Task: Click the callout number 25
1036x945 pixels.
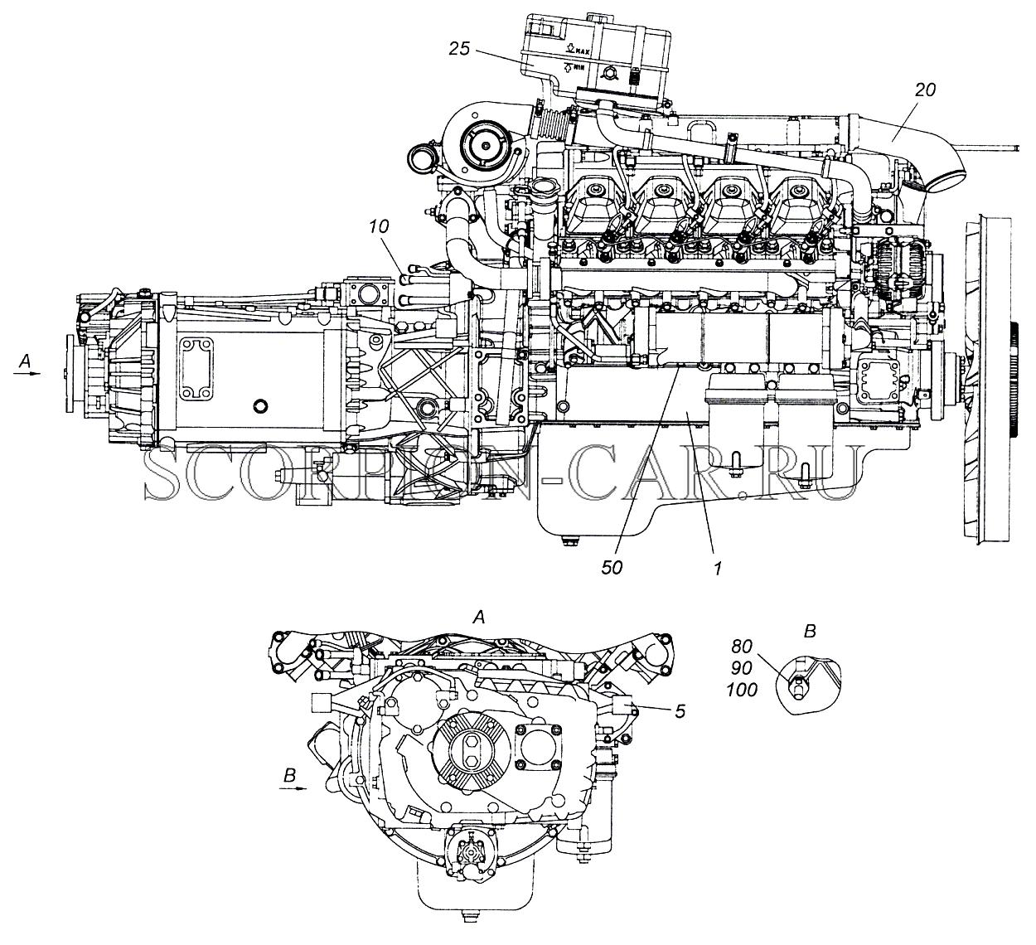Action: click(x=459, y=49)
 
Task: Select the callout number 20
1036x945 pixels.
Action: click(x=925, y=90)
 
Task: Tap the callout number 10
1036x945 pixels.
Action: click(x=379, y=226)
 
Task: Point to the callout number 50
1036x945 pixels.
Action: click(x=612, y=568)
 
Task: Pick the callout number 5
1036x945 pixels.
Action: click(x=680, y=712)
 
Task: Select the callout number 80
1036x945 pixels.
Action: click(x=742, y=646)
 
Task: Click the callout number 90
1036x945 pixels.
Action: click(x=742, y=668)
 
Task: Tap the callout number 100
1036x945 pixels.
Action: click(x=742, y=690)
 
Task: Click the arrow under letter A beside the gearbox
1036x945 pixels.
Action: click(x=27, y=373)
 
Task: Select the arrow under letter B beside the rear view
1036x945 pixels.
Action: click(x=293, y=788)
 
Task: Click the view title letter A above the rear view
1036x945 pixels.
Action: click(x=480, y=617)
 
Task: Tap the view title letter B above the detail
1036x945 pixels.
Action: click(x=811, y=631)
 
